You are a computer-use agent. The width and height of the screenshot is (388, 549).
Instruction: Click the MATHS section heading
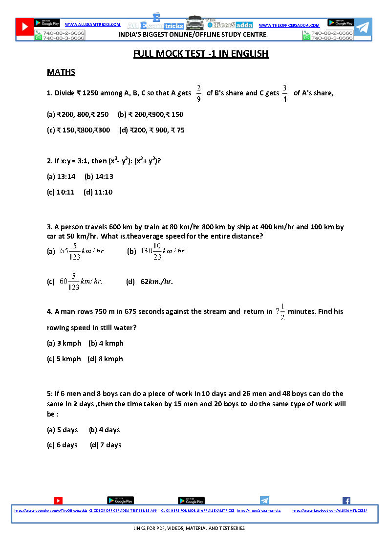(61, 72)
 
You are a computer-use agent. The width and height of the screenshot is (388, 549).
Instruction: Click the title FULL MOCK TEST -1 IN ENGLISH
(201, 54)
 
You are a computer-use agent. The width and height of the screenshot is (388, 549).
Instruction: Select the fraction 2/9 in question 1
(198, 93)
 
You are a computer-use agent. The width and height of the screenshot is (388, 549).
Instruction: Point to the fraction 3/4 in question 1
(284, 93)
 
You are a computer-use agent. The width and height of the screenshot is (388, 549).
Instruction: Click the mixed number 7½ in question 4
(280, 311)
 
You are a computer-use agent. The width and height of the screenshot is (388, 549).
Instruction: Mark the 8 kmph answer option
(106, 359)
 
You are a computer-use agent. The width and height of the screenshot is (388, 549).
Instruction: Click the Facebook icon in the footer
(346, 501)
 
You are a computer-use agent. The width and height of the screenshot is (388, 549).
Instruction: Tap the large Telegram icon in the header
(362, 28)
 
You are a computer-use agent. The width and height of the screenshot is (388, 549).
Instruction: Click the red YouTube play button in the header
(24, 28)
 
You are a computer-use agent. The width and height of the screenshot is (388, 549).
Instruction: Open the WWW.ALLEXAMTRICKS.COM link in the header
(92, 24)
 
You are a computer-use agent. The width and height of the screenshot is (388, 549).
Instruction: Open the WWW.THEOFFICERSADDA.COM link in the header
(289, 25)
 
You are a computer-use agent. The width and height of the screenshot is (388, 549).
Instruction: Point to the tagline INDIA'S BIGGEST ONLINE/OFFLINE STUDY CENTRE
(193, 35)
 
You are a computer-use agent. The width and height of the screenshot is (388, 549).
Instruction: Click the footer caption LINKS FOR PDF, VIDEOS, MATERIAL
(189, 528)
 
